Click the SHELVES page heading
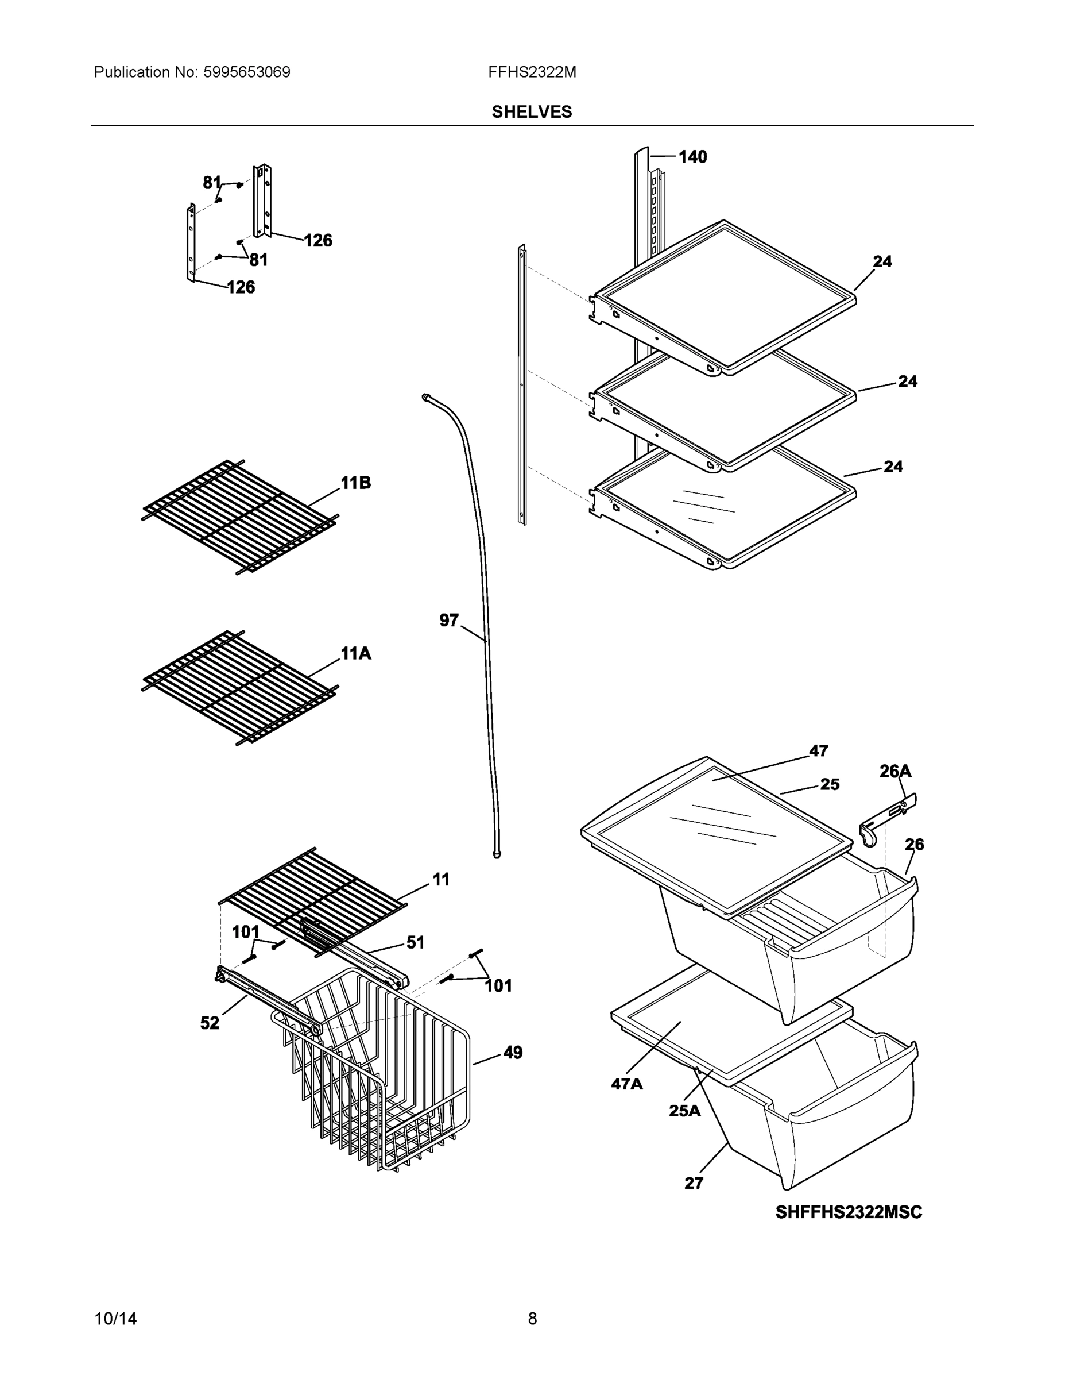coord(531,112)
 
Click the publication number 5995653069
coord(246,72)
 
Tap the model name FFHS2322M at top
coord(531,72)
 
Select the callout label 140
coord(692,157)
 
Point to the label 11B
coord(355,483)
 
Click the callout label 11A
coord(355,653)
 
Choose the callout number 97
coord(448,621)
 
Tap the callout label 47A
coord(626,1084)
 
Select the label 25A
coord(684,1111)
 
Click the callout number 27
coord(694,1183)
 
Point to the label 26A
coord(895,771)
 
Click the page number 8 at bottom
coord(532,1319)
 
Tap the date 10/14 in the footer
coord(115,1319)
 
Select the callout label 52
coord(210,1023)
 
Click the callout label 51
coord(415,943)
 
